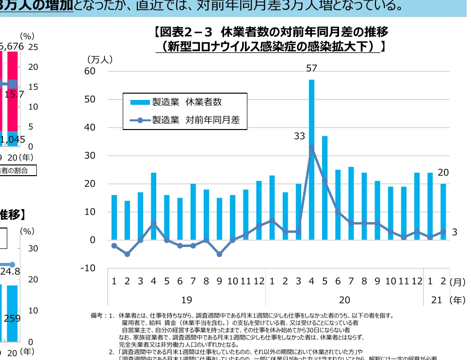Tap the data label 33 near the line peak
299,137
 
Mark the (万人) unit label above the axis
100,59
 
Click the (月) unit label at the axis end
457,281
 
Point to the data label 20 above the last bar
443,172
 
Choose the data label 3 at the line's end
455,232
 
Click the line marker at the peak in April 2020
311,147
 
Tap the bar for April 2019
153,206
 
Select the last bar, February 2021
443,212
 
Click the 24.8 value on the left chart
10,271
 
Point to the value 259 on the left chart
11,319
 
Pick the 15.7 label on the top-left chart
14,95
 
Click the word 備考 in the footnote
98,316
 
